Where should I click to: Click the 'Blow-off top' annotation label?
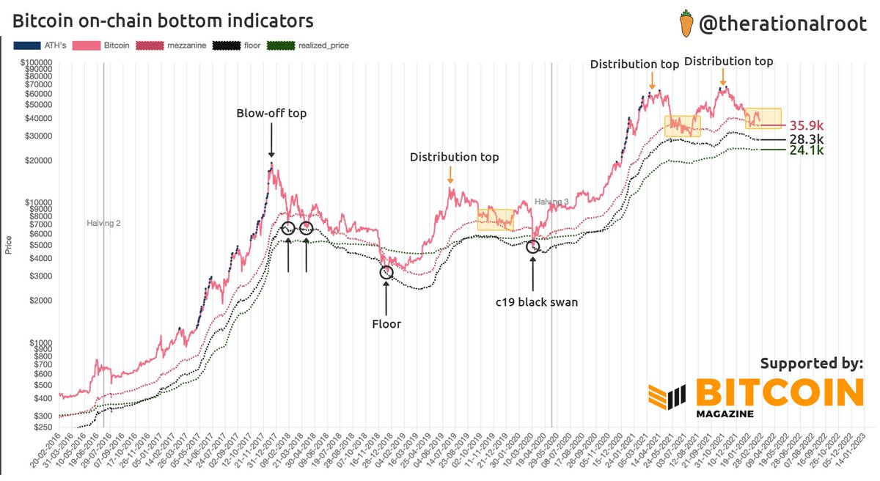(x=271, y=114)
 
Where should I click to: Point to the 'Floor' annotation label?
(x=386, y=323)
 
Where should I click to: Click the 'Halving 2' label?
(x=103, y=223)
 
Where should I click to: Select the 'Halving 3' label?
(x=551, y=202)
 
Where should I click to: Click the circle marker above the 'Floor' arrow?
(x=386, y=272)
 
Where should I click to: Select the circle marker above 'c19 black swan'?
(x=533, y=246)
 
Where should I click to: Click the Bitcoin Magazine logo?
(x=755, y=397)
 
